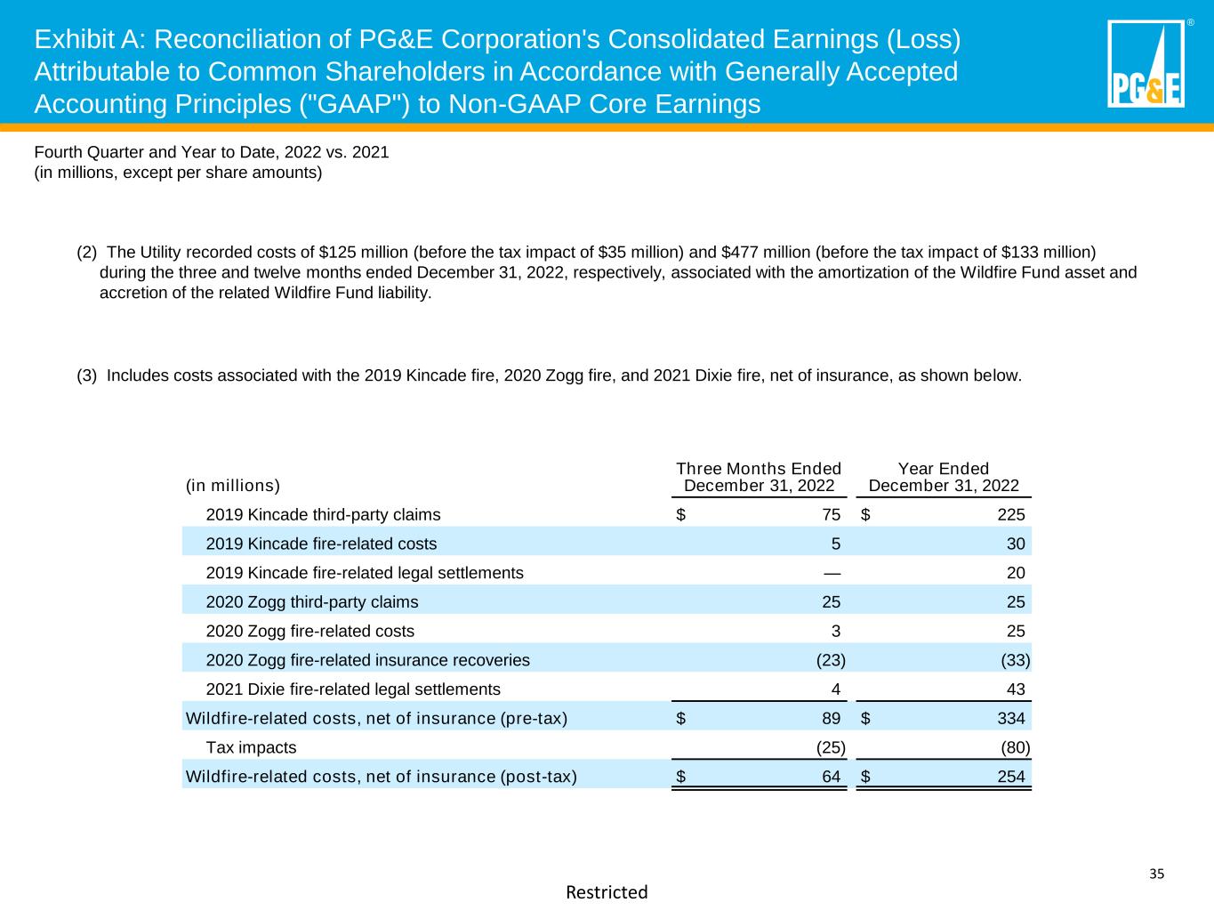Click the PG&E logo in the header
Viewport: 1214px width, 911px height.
pos(1146,64)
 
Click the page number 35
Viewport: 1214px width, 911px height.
pos(1156,874)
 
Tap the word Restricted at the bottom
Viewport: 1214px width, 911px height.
pos(607,891)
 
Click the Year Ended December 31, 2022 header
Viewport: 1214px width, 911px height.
pos(944,477)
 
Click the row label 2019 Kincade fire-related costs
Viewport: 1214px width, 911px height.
pos(321,544)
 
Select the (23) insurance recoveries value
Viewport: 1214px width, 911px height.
pos(831,660)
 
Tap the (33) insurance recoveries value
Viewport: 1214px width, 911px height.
pos(1016,660)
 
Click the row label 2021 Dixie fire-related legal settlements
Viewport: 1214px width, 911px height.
pos(353,689)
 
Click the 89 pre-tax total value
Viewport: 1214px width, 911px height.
pos(831,718)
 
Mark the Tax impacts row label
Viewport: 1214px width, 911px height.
pos(251,747)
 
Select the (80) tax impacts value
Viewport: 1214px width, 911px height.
pos(1016,747)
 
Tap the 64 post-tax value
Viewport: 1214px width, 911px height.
pos(831,777)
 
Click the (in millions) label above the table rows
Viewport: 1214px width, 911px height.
pos(232,486)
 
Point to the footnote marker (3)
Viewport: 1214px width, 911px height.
pos(87,375)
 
